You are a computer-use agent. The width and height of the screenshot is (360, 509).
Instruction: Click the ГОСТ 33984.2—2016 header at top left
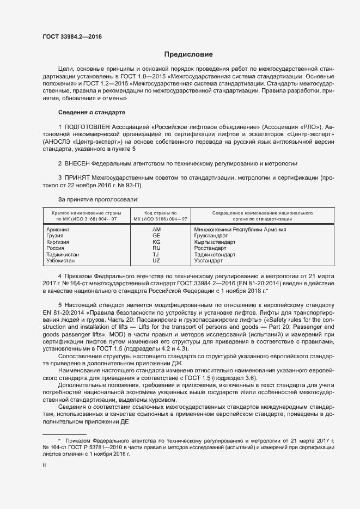coord(72,37)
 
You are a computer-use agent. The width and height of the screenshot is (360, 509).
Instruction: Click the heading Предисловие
coord(189,54)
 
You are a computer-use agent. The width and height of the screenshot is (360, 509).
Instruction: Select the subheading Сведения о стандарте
coord(91,112)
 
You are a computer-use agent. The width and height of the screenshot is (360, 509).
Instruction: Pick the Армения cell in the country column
coord(58,229)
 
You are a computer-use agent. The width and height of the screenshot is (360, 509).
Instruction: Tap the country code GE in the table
coord(157,236)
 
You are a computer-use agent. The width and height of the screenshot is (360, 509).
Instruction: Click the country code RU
coord(157,248)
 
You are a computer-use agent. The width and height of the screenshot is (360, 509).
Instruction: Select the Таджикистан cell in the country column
coord(63,254)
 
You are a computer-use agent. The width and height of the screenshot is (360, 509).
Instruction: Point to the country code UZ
coord(157,261)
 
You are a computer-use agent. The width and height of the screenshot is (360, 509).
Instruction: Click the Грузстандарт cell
coord(210,236)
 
